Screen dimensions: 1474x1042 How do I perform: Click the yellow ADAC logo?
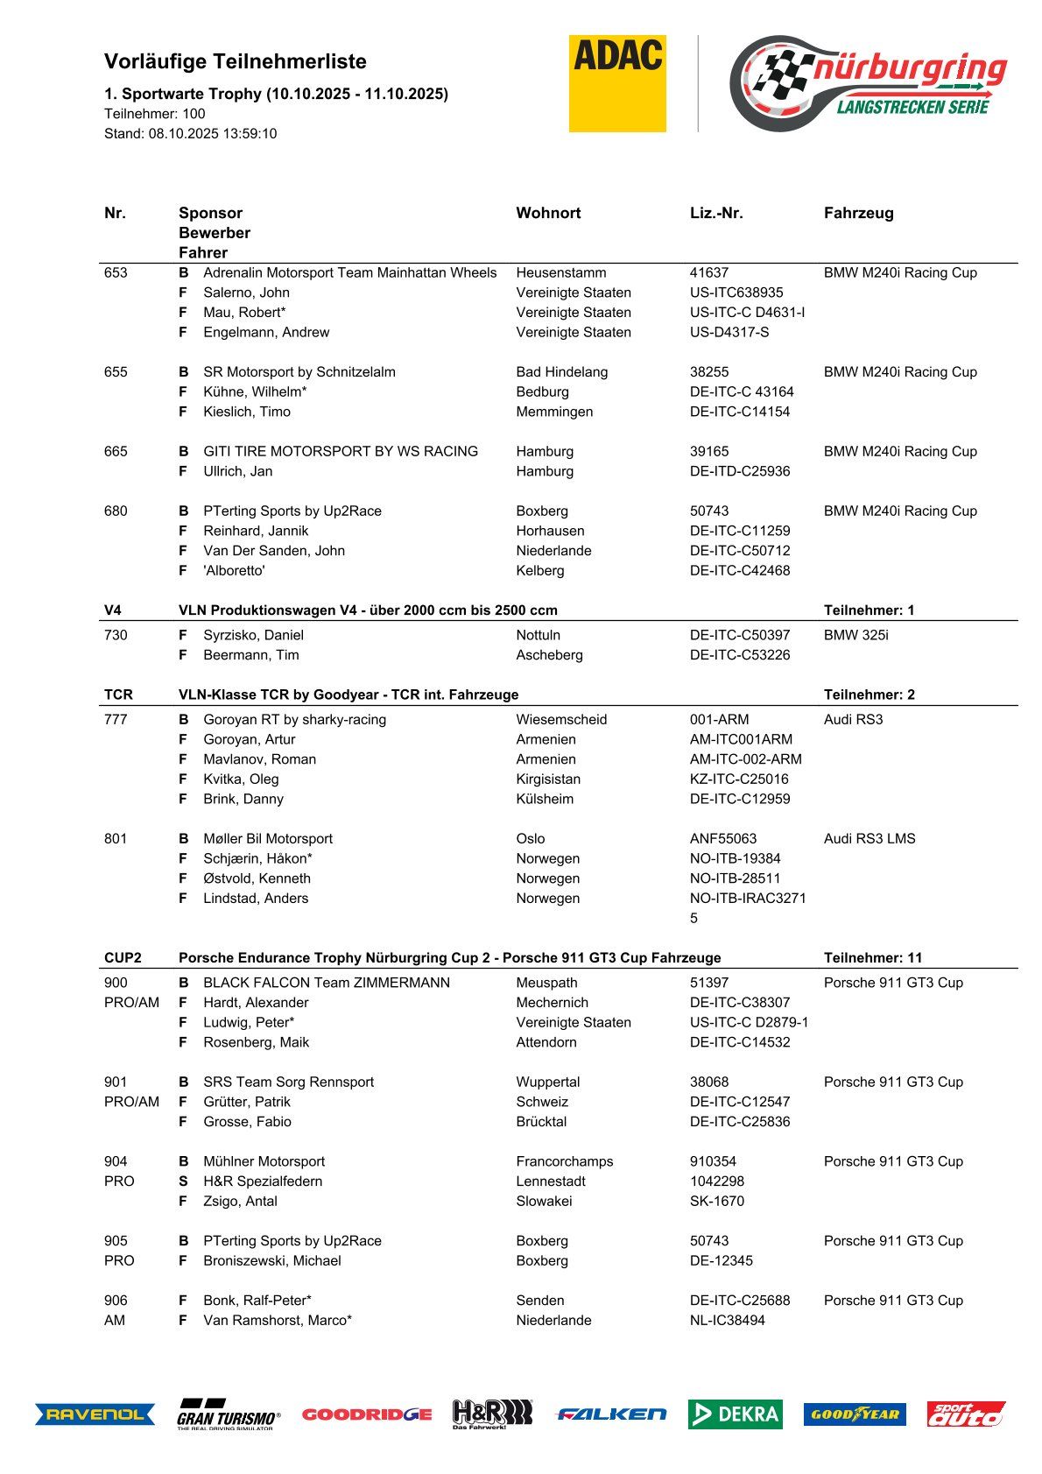coord(617,83)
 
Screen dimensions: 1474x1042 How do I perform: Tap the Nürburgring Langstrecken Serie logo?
coord(868,83)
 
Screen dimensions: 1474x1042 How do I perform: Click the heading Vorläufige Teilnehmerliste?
coord(236,61)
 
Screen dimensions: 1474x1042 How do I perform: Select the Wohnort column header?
coord(548,213)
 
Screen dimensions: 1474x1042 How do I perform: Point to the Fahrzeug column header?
coord(858,213)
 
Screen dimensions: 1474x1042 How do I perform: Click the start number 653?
coord(116,272)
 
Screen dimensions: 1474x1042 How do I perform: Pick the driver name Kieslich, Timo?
coord(247,412)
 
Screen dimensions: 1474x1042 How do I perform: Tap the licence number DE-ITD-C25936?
coord(740,471)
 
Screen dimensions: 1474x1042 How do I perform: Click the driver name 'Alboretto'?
coord(234,570)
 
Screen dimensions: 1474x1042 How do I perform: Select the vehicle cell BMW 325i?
coord(855,635)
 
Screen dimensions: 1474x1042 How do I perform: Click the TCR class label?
coord(118,695)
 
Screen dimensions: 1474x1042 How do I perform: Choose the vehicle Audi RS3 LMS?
coord(870,838)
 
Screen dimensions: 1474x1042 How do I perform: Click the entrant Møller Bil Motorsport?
coord(268,838)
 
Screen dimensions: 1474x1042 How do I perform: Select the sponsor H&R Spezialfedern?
coord(263,1181)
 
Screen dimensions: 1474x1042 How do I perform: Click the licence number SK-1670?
coord(717,1201)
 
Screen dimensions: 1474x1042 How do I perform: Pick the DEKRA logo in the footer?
coord(735,1414)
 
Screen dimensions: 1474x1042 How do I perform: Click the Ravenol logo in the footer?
coord(95,1414)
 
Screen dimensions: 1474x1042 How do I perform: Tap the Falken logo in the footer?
coord(611,1414)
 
